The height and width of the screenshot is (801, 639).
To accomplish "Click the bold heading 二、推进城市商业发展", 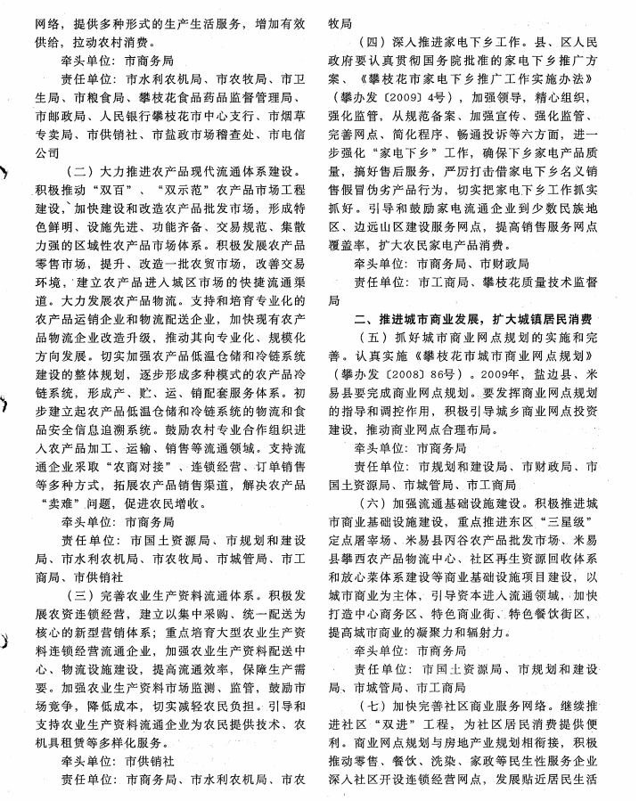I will click(474, 319).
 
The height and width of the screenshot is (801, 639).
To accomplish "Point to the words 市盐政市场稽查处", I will click(200, 135).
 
